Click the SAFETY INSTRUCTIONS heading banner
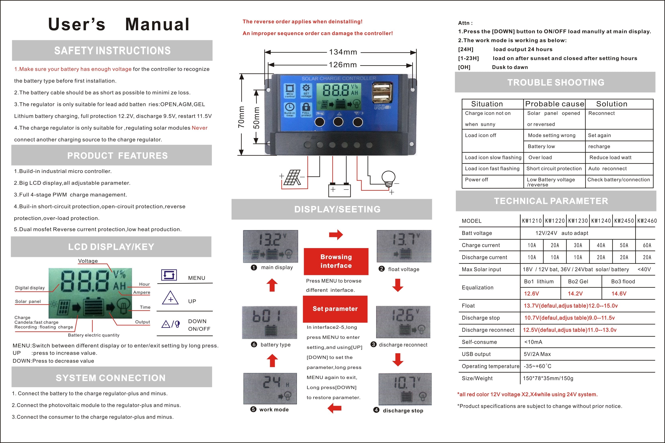tap(112, 51)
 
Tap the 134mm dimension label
tap(343, 52)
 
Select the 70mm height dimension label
tap(241, 117)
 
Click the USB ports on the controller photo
tap(382, 93)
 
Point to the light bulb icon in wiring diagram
tap(389, 179)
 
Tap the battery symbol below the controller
tap(339, 189)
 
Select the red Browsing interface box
tap(336, 261)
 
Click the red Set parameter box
tap(335, 309)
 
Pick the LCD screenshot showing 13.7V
tap(404, 246)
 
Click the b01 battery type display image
tap(269, 322)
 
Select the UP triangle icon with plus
tap(170, 298)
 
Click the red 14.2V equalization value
tap(575, 293)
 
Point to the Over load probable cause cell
tap(540, 158)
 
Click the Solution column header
tap(612, 104)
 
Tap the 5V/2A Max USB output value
tap(537, 354)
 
